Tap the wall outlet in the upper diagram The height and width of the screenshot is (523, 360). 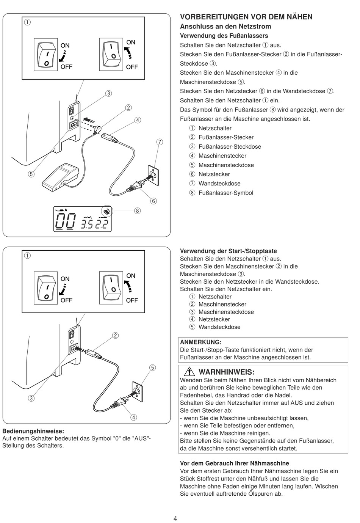152,174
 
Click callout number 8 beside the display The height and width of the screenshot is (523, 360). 137,210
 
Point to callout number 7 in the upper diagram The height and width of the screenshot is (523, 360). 160,142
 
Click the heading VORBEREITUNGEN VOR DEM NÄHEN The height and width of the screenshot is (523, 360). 246,17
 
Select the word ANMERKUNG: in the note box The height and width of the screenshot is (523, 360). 200,342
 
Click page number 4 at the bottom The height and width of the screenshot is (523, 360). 175,518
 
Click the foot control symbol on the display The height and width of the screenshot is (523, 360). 107,211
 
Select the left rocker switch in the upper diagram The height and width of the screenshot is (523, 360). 46,55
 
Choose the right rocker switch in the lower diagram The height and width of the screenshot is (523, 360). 111,288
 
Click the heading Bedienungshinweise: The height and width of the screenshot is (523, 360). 33,431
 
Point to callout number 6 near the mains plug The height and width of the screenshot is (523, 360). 153,201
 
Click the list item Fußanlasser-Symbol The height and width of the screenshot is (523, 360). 225,193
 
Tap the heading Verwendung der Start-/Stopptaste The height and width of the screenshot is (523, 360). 228,251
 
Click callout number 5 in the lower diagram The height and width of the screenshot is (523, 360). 152,368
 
